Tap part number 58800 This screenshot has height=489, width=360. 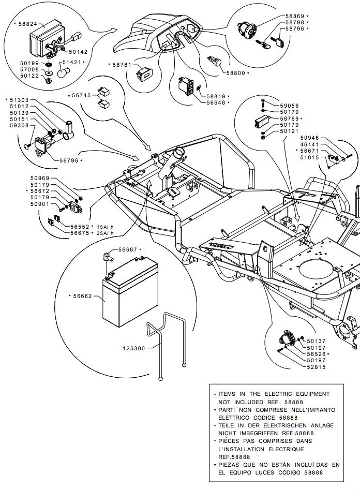click(x=235, y=73)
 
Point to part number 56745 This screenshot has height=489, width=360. click(x=79, y=96)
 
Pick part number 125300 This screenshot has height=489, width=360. click(x=134, y=348)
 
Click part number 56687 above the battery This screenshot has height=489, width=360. click(x=128, y=250)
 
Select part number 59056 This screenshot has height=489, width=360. click(x=289, y=106)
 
